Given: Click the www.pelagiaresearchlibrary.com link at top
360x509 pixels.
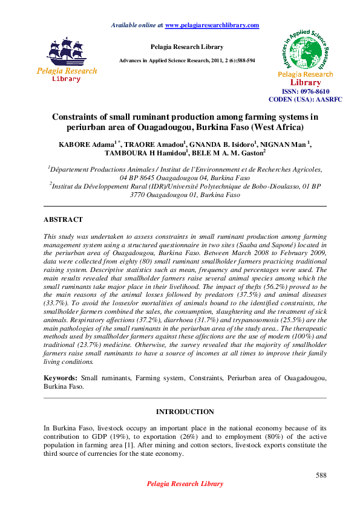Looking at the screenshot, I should [212, 25].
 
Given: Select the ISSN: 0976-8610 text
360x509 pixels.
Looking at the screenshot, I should [306, 91].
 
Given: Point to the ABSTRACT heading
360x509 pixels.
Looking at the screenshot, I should [63, 219].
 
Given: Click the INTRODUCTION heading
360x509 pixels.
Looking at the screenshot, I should [185, 412].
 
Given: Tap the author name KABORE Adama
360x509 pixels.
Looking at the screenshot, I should [80, 144].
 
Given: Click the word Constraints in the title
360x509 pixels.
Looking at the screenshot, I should [78, 117].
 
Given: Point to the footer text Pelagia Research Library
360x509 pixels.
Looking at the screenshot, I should [185, 484].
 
